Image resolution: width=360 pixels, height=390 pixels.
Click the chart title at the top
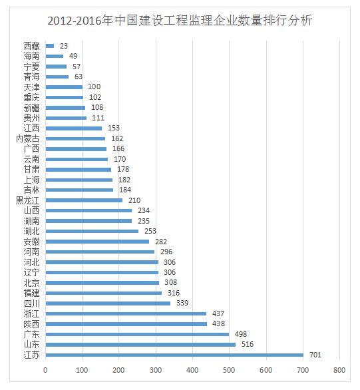pyautogui.click(x=180, y=21)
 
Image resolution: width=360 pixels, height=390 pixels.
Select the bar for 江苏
pyautogui.click(x=174, y=355)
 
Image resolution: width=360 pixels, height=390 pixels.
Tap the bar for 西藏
pyautogui.click(x=50, y=46)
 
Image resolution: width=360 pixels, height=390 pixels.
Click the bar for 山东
pyautogui.click(x=140, y=345)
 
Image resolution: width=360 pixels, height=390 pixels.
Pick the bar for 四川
pyautogui.click(x=108, y=303)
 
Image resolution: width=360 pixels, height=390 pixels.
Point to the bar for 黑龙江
pyautogui.click(x=84, y=200)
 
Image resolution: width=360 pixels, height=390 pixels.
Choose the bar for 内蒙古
pyautogui.click(x=75, y=138)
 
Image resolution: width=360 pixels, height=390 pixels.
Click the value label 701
pyautogui.click(x=315, y=355)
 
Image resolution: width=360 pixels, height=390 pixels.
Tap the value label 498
pyautogui.click(x=241, y=334)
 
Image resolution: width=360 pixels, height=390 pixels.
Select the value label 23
pyautogui.click(x=64, y=46)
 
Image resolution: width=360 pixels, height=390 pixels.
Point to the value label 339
pyautogui.click(x=182, y=303)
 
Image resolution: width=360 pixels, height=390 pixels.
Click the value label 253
pyautogui.click(x=151, y=231)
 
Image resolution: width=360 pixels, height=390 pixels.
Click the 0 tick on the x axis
pyautogui.click(x=45, y=371)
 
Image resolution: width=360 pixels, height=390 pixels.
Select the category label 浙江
pyautogui.click(x=31, y=313)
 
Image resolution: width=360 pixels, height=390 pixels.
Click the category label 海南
pyautogui.click(x=31, y=56)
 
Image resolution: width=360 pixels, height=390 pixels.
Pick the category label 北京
pyautogui.click(x=31, y=283)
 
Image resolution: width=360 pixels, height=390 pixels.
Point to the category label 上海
pyautogui.click(x=31, y=180)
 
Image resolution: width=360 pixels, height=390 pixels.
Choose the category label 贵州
pyautogui.click(x=31, y=118)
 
